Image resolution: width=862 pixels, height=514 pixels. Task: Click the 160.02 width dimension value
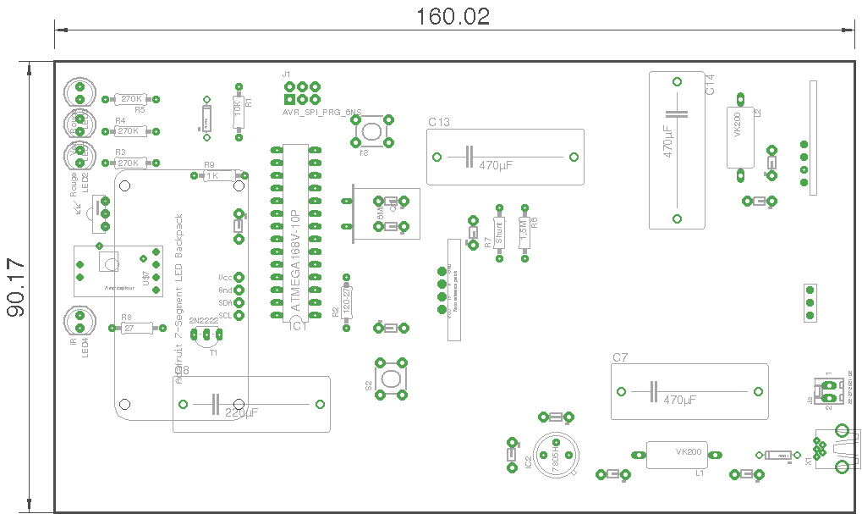click(453, 17)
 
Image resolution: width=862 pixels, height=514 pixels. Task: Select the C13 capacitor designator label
click(439, 123)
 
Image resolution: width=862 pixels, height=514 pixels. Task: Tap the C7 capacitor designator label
click(620, 358)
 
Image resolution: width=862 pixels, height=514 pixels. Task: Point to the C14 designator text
click(710, 85)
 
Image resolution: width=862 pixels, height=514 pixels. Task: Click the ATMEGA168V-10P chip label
click(295, 262)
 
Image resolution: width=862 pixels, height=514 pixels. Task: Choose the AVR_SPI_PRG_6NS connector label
click(321, 112)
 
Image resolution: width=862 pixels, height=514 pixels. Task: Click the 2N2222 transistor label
click(204, 321)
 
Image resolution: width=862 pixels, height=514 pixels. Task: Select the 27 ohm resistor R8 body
click(130, 329)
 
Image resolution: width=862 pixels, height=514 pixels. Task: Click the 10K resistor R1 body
click(239, 111)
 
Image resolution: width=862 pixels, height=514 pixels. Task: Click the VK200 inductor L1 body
click(676, 455)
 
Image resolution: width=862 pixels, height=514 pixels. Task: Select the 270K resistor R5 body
click(131, 99)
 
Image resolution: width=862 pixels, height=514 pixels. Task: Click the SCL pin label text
click(225, 315)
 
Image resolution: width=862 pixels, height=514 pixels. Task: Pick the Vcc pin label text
click(225, 277)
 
